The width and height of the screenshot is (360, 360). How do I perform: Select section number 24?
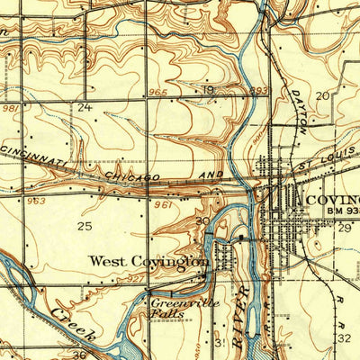pos(85,107)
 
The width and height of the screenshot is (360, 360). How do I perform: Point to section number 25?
pos(85,225)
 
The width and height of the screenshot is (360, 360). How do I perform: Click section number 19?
pos(209,90)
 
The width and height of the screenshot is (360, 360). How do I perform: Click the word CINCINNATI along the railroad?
pos(36,154)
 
